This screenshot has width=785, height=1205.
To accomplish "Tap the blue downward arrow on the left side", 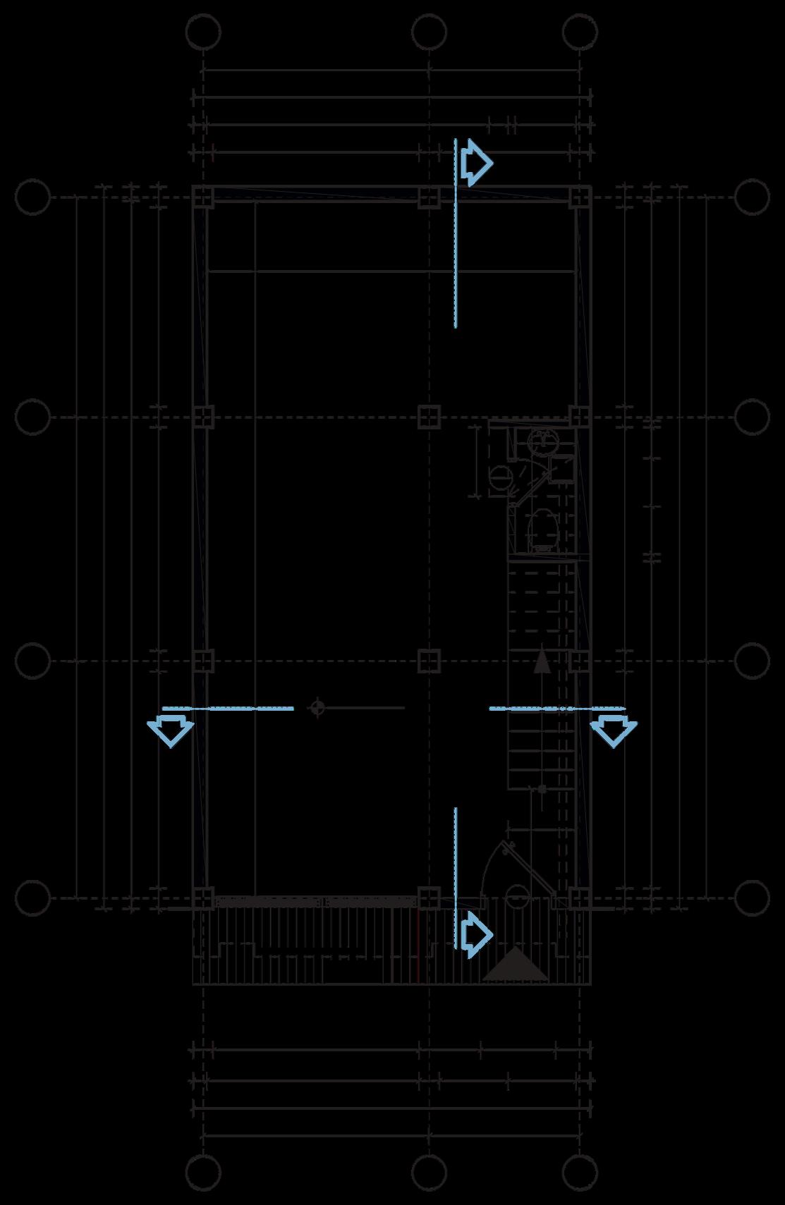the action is point(170,730).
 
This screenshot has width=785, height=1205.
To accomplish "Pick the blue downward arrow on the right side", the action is point(614,730).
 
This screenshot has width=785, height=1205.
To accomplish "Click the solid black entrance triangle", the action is point(516,965).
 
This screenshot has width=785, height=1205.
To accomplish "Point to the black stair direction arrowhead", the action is point(541,662).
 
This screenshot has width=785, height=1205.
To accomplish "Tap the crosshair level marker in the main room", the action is point(317,707).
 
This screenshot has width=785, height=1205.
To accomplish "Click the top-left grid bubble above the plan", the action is point(203,31).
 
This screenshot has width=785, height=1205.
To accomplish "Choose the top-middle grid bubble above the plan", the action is point(429,31).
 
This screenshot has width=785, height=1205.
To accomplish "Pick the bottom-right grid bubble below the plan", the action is point(580,1173).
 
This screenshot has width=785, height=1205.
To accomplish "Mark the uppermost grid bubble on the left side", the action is point(32,197).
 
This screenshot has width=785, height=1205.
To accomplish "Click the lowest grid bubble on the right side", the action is point(752,898).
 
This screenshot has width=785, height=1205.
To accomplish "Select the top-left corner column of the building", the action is point(203,197).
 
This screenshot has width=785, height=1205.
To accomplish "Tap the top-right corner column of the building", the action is point(580,197).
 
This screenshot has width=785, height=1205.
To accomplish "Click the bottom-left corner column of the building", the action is point(203,898).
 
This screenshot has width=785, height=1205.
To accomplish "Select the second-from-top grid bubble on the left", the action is point(32,417).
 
